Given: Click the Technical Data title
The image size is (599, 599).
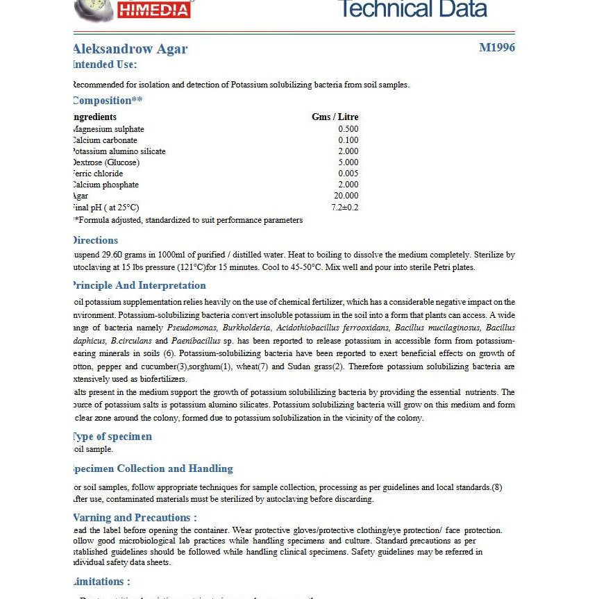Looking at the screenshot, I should click(412, 9).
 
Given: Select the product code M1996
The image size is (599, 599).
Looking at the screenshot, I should click(497, 48).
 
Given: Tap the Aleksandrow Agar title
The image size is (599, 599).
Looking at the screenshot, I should click(130, 49).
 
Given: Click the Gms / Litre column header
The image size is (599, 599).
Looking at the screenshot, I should click(335, 117).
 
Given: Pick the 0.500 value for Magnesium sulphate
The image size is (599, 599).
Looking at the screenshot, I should click(348, 129).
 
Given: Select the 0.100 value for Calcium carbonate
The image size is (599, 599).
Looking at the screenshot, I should click(348, 140).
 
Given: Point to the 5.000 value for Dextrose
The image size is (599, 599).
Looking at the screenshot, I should click(348, 162).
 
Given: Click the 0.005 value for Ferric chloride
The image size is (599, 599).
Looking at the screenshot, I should click(348, 174).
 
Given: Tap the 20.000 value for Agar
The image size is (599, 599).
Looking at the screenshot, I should click(346, 196).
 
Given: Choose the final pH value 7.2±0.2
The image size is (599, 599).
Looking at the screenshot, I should click(345, 207).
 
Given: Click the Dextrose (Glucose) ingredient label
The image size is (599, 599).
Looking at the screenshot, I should click(106, 162).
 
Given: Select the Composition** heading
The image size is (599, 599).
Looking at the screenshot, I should click(108, 101).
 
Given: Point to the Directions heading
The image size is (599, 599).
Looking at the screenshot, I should click(96, 240).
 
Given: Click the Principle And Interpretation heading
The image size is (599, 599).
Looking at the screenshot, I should click(140, 285).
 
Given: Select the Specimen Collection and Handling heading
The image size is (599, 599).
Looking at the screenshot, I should click(153, 469).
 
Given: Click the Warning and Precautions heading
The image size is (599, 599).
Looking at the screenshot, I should click(135, 518).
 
